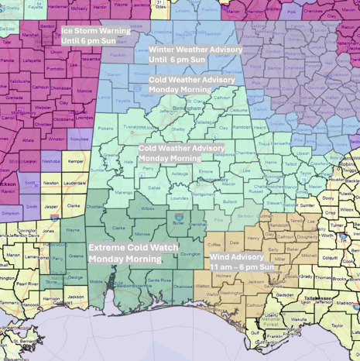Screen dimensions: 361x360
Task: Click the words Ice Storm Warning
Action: pos(96,30)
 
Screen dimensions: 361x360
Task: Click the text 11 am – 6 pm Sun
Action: pos(242,266)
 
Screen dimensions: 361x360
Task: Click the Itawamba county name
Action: pos(91,58)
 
